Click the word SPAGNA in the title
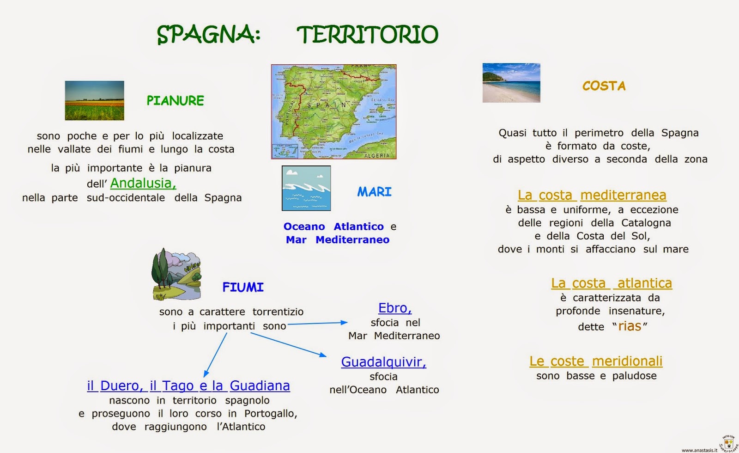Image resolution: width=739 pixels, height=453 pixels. (x=208, y=35)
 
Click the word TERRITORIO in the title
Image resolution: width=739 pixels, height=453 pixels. (x=367, y=35)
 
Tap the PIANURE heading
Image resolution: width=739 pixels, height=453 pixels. (x=175, y=101)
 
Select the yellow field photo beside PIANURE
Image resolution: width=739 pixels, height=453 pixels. (x=94, y=100)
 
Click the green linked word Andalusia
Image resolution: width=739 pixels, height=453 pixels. (x=143, y=184)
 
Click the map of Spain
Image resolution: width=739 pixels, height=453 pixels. (x=333, y=111)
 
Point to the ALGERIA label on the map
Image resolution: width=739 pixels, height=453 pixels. (x=377, y=156)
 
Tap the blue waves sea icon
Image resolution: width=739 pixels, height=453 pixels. (x=306, y=188)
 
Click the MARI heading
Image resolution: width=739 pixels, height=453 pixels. (x=374, y=192)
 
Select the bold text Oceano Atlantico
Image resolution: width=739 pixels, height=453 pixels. (x=333, y=226)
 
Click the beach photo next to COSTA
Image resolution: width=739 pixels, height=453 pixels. (x=511, y=83)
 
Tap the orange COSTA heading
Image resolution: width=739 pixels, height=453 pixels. (x=604, y=86)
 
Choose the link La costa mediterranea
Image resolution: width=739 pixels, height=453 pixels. (x=592, y=195)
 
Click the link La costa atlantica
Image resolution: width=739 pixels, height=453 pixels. (x=612, y=283)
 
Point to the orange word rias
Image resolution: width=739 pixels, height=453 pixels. (x=630, y=326)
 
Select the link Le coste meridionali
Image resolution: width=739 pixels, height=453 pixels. (x=596, y=361)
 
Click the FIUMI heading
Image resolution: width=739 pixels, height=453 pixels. (x=243, y=288)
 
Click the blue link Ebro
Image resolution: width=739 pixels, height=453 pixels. (x=395, y=308)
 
